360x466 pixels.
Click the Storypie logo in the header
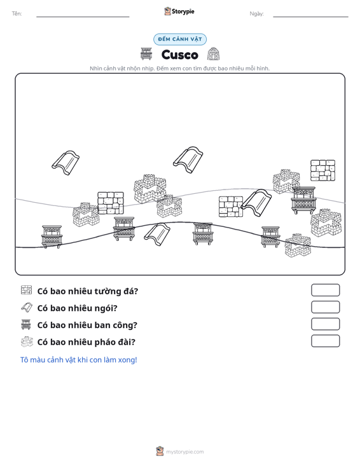click(179, 11)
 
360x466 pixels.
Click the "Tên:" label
click(17, 13)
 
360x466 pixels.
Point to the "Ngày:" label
click(256, 13)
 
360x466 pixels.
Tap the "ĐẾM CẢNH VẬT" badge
click(180, 39)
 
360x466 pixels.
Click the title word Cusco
click(179, 55)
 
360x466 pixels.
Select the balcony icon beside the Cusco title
click(146, 53)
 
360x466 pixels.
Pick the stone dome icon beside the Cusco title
click(214, 53)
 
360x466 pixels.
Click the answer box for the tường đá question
click(325, 290)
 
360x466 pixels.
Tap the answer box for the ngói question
click(325, 307)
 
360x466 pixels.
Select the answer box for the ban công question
click(325, 324)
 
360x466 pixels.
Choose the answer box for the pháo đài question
click(325, 341)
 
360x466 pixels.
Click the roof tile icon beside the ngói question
click(27, 307)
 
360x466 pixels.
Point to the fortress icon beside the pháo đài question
click(27, 341)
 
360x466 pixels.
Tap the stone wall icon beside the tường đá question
click(26, 290)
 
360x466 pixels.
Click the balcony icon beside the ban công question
click(26, 324)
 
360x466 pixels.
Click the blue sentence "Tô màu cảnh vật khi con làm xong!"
click(78, 360)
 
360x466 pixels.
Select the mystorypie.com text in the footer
click(185, 452)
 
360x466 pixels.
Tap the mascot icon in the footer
click(160, 451)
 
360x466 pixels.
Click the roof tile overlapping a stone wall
click(256, 203)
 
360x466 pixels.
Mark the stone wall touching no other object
click(323, 170)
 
